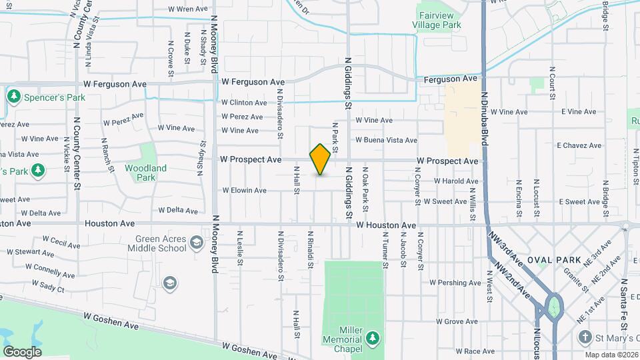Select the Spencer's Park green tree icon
click(x=13, y=97)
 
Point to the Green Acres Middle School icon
click(x=196, y=241)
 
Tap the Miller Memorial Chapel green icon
click(x=373, y=337)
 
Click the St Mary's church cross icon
click(x=584, y=338)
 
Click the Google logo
click(x=22, y=351)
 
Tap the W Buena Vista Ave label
click(x=386, y=141)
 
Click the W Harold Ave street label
click(x=456, y=181)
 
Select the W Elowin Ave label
click(x=244, y=191)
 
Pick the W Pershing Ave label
click(x=455, y=283)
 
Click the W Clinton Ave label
click(x=244, y=103)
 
